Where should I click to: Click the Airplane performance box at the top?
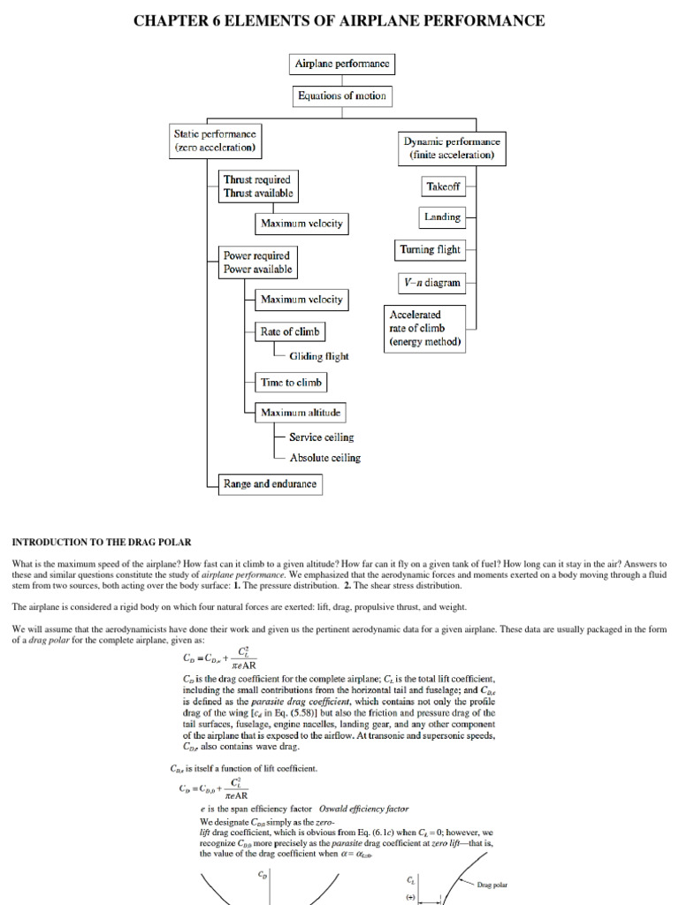(x=341, y=64)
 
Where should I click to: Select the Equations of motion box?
(x=341, y=95)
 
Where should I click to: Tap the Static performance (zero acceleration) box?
(x=215, y=141)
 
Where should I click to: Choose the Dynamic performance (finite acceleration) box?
(x=452, y=148)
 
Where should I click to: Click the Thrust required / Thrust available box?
(x=258, y=186)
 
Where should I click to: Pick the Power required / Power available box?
(x=257, y=262)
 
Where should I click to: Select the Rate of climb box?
(x=289, y=331)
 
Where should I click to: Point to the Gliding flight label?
(x=318, y=356)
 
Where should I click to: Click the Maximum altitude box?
(x=301, y=412)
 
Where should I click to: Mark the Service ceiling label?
(x=321, y=437)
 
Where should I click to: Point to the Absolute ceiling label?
(x=324, y=458)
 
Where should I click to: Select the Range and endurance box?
(x=270, y=484)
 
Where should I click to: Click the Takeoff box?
(x=443, y=187)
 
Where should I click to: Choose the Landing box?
(x=442, y=217)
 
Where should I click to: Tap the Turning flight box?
(x=429, y=250)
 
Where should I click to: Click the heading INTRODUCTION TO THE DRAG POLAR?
(x=101, y=541)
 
